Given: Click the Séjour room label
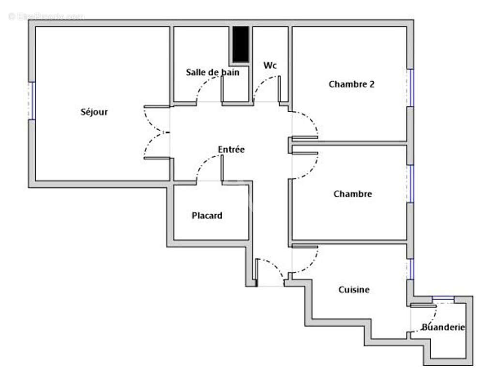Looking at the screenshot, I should [x=94, y=112].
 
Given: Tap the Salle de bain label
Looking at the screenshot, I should [x=212, y=72].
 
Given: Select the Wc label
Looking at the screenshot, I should [x=270, y=65].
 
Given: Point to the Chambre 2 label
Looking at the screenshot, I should [x=351, y=84].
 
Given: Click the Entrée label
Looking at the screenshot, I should [x=231, y=149].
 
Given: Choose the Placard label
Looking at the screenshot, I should [x=207, y=215].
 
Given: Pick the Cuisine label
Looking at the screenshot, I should [x=354, y=290].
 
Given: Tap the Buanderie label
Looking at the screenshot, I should [x=443, y=327].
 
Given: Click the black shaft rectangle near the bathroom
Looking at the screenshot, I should [x=240, y=44].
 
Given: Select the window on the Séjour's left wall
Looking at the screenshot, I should [x=32, y=101].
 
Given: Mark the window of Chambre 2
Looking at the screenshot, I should [x=410, y=88].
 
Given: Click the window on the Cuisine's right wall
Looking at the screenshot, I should [x=410, y=269].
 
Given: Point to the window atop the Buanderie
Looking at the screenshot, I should [x=443, y=298].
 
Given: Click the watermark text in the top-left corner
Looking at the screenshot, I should [x=46, y=16].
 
